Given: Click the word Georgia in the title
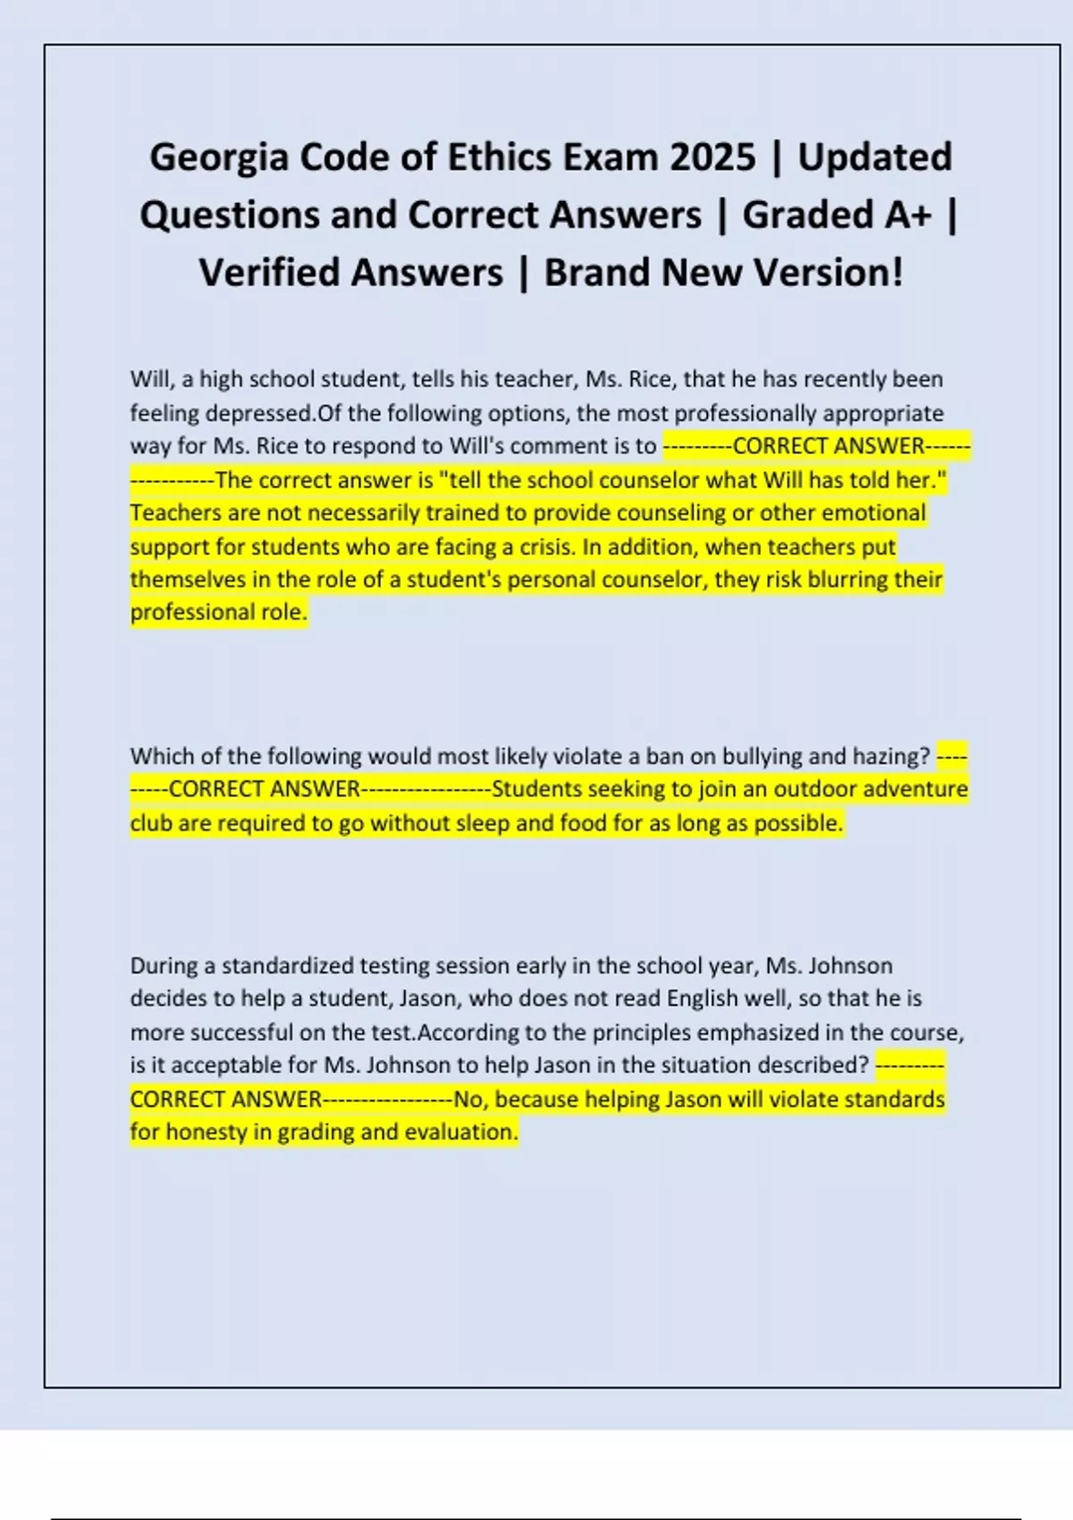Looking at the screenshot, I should click(x=219, y=157).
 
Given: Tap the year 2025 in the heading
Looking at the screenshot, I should click(x=713, y=157).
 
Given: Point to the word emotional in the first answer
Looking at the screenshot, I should click(x=874, y=513).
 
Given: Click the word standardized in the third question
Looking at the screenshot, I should click(x=287, y=966).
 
